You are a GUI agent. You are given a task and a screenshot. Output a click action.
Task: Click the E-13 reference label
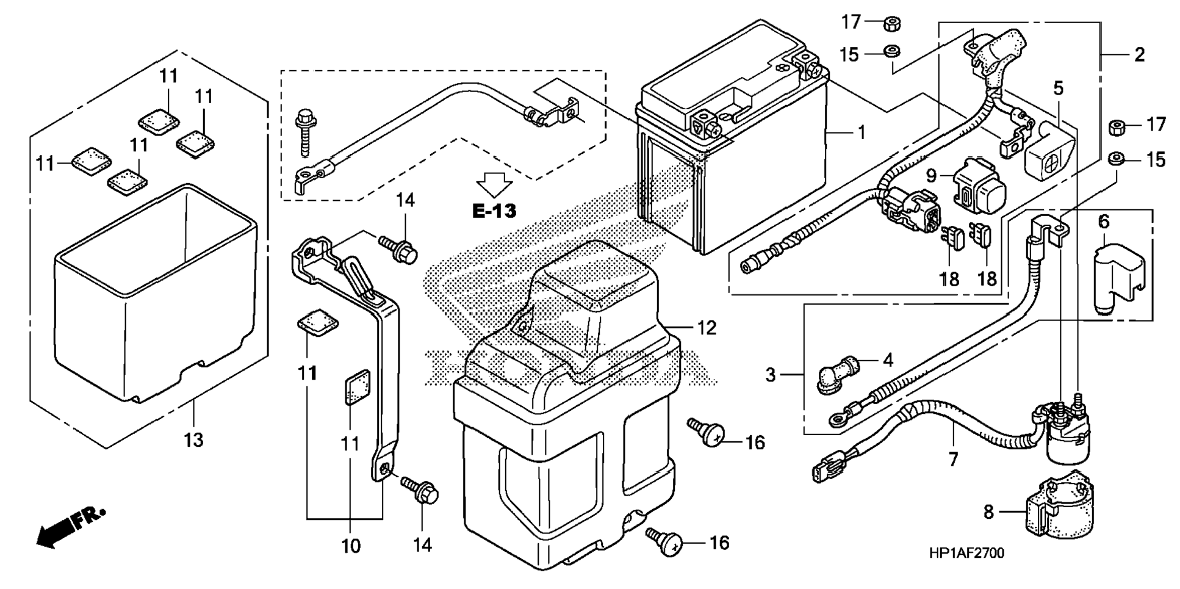(x=494, y=211)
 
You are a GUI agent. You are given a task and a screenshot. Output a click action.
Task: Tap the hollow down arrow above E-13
(x=494, y=184)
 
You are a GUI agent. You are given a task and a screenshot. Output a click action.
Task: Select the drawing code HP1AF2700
(x=966, y=553)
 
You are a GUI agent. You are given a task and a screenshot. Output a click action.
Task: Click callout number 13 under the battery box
(x=193, y=439)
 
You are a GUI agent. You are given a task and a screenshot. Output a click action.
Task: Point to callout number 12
(x=706, y=328)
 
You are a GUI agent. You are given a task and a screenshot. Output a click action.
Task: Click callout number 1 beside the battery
(x=861, y=132)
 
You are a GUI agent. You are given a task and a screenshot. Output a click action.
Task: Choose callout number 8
(x=988, y=511)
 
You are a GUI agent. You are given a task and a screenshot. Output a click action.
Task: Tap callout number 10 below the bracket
(x=351, y=546)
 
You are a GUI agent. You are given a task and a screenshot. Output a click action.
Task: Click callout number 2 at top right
(x=1139, y=54)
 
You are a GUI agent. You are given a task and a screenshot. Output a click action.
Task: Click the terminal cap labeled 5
(x=1050, y=147)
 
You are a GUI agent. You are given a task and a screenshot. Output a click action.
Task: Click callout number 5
(x=1058, y=88)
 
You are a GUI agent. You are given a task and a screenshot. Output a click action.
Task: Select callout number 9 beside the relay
(x=930, y=176)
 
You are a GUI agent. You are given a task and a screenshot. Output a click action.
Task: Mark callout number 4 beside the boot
(x=888, y=360)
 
